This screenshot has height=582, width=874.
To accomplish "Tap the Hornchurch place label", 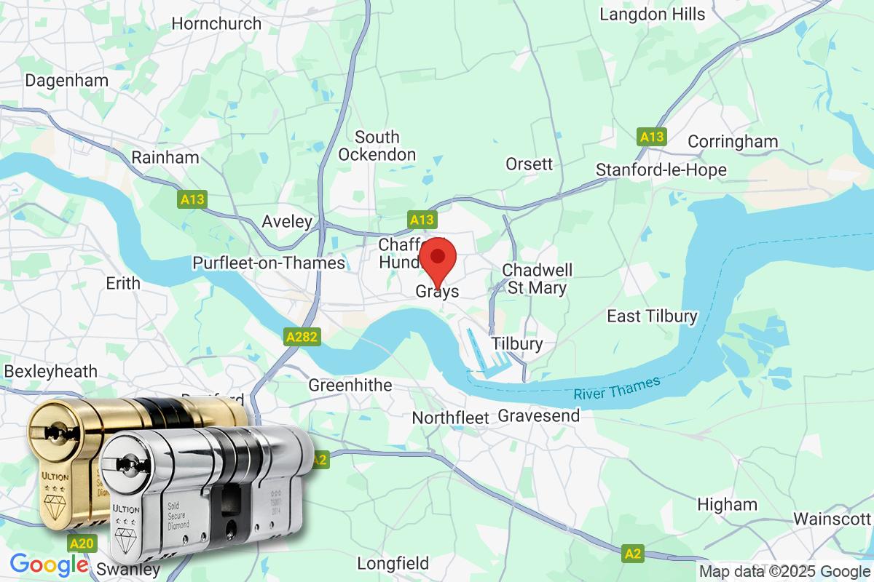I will pyautogui.click(x=216, y=23).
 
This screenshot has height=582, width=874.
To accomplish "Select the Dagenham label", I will pyautogui.click(x=62, y=80).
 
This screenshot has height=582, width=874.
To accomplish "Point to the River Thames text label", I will pyautogui.click(x=616, y=387).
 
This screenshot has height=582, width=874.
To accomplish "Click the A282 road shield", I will pyautogui.click(x=302, y=337).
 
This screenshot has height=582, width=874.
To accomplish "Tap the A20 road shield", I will pyautogui.click(x=81, y=543).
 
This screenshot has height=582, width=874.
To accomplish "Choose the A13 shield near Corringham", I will pyautogui.click(x=652, y=136).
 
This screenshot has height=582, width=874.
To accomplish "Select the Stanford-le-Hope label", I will pyautogui.click(x=661, y=170).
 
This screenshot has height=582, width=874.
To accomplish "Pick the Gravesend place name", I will pyautogui.click(x=539, y=416).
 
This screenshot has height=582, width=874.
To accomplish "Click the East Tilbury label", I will pyautogui.click(x=653, y=316).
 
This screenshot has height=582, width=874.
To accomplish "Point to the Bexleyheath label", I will pyautogui.click(x=50, y=371).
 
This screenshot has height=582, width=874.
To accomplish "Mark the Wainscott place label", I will pyautogui.click(x=832, y=519).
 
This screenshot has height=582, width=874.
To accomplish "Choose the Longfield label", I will pyautogui.click(x=393, y=563).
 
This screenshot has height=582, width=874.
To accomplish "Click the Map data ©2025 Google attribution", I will pyautogui.click(x=784, y=571).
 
